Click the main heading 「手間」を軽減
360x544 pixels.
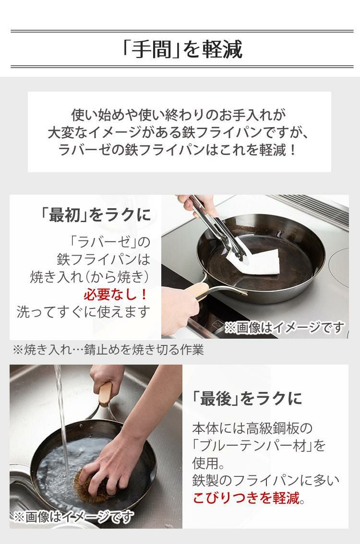coord(182,49)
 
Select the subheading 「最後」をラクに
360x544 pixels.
coord(247,398)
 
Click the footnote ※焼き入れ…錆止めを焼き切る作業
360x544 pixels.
coord(108,350)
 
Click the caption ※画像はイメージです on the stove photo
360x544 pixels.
coord(284,328)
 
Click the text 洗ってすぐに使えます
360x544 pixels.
coord(84,312)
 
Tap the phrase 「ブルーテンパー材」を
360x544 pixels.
coord(259,446)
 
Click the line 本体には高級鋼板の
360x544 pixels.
coord(252,427)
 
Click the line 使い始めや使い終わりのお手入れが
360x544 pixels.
coord(179,115)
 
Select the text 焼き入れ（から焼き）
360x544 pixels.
coord(90,277)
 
